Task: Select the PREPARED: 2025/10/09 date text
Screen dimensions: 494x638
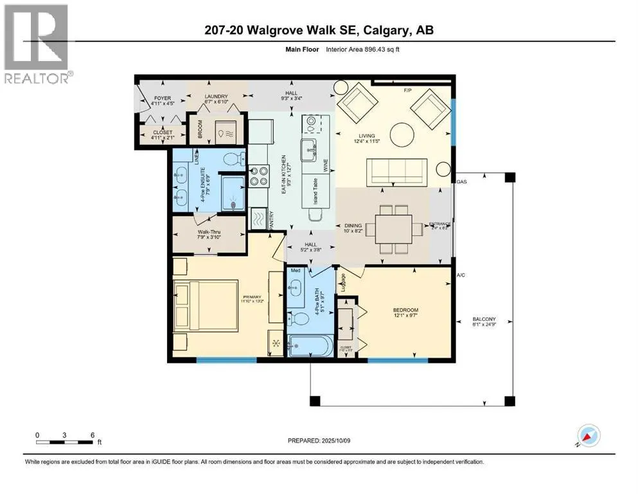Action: tap(319, 441)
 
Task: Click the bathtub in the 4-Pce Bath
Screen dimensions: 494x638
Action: tap(310, 347)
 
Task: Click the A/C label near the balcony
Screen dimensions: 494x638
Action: tap(461, 275)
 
